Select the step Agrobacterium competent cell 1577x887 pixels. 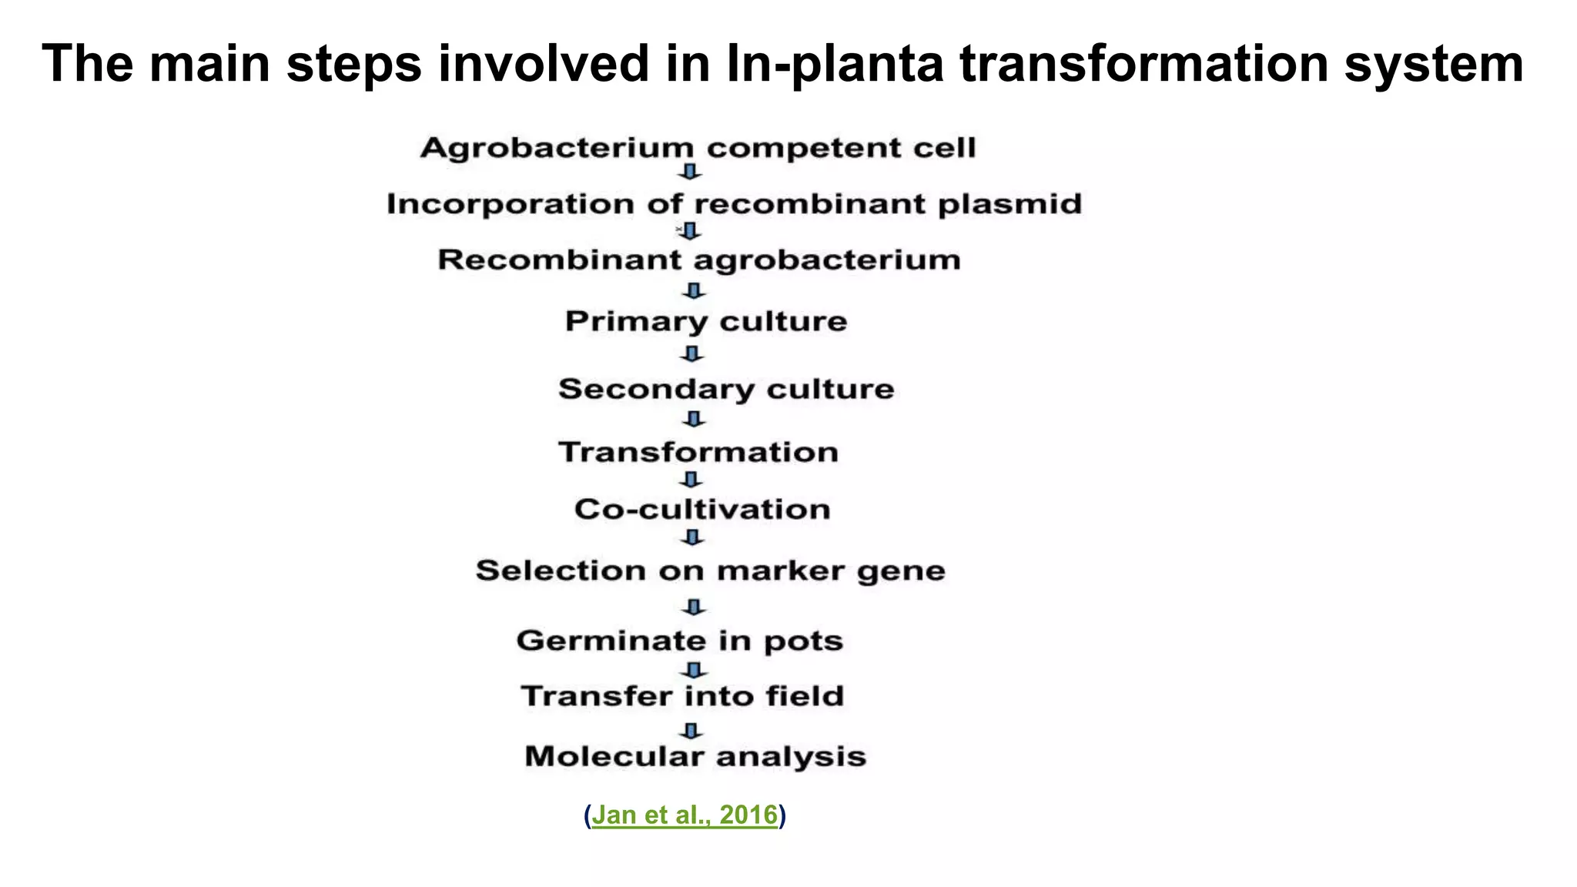tap(698, 147)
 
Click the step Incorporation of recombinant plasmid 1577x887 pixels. tap(734, 204)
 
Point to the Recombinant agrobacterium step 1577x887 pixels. tap(699, 260)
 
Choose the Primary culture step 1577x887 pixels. tap(706, 321)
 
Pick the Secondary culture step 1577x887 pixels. tap(726, 389)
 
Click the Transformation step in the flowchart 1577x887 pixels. tap(698, 452)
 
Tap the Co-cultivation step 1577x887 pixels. tap(702, 509)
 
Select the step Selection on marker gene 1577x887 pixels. tap(710, 571)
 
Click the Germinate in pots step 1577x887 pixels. tap(679, 641)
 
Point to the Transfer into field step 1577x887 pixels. tap(683, 696)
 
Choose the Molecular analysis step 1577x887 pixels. tap(695, 756)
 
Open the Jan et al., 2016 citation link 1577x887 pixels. tap(685, 815)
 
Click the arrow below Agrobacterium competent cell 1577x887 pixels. tap(691, 172)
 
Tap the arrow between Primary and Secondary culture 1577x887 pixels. tap(692, 354)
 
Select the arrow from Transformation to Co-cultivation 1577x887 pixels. tap(691, 480)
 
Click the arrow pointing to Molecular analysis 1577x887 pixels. tap(691, 730)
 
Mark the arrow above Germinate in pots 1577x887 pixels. tap(694, 608)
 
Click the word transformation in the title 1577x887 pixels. tap(1143, 64)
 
